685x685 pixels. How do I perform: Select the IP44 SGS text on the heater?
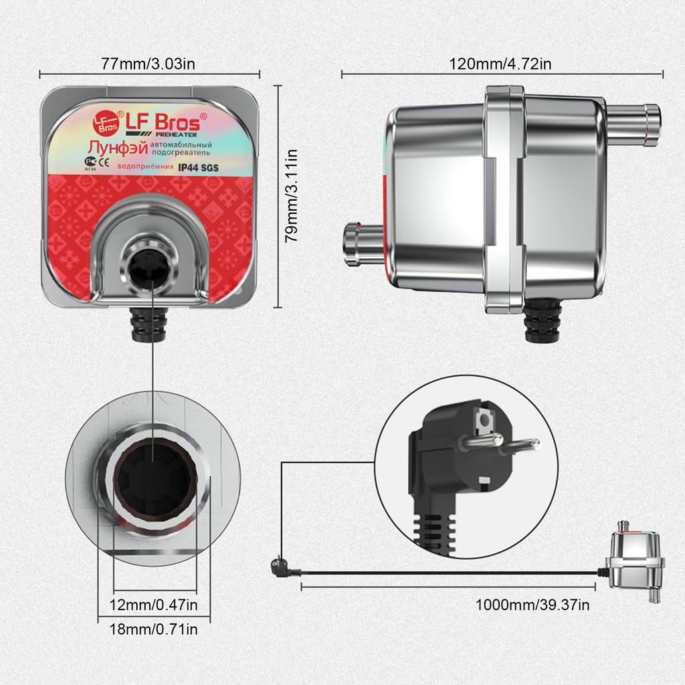click(x=194, y=168)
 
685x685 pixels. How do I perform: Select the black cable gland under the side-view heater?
click(x=543, y=322)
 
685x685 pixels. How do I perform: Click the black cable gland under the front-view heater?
click(x=150, y=322)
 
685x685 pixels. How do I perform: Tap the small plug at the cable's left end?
click(x=278, y=567)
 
